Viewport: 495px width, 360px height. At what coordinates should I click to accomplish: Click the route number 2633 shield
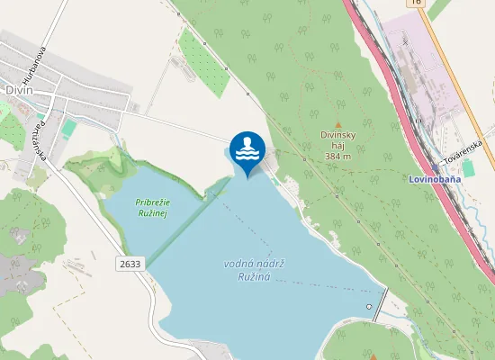tap(130, 263)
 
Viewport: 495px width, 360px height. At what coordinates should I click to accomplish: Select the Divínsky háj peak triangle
tap(338, 124)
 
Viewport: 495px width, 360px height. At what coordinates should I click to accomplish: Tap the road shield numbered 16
tap(415, 3)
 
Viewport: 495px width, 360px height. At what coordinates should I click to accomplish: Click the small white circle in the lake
tap(368, 307)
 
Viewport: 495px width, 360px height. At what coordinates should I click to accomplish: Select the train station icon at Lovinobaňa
tap(435, 167)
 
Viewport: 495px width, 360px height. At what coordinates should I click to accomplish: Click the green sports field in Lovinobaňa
tap(469, 168)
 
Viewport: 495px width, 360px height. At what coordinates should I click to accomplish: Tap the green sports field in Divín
tap(69, 129)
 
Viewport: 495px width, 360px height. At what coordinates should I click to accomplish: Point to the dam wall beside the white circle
tap(383, 301)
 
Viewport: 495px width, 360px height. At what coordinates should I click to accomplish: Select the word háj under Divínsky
tap(338, 145)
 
